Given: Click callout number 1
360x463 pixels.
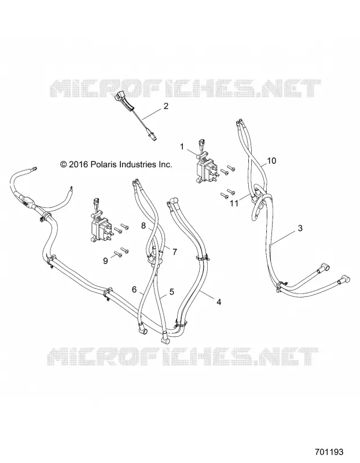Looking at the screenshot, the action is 182,146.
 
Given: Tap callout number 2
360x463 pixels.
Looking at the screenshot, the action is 166,106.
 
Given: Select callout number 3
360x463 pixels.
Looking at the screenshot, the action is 300,228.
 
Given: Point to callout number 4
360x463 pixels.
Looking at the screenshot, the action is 219,302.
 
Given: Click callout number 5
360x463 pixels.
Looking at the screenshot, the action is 171,292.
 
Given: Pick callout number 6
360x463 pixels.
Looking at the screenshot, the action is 134,290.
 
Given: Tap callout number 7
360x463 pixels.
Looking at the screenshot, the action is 175,252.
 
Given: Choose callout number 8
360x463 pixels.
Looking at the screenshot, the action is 144,226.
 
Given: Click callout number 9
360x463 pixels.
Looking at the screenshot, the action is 105,261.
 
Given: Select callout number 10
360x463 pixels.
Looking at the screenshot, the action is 271,161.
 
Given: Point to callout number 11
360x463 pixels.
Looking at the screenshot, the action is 234,204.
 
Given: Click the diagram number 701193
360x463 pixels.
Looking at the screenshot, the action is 329,452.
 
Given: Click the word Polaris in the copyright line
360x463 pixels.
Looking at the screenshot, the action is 103,164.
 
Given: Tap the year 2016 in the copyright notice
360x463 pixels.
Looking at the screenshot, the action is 78,164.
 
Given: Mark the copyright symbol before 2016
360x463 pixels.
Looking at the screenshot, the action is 63,164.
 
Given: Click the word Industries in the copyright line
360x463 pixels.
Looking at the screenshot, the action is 135,164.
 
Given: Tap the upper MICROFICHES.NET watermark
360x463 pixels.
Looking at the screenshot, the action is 186,88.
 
